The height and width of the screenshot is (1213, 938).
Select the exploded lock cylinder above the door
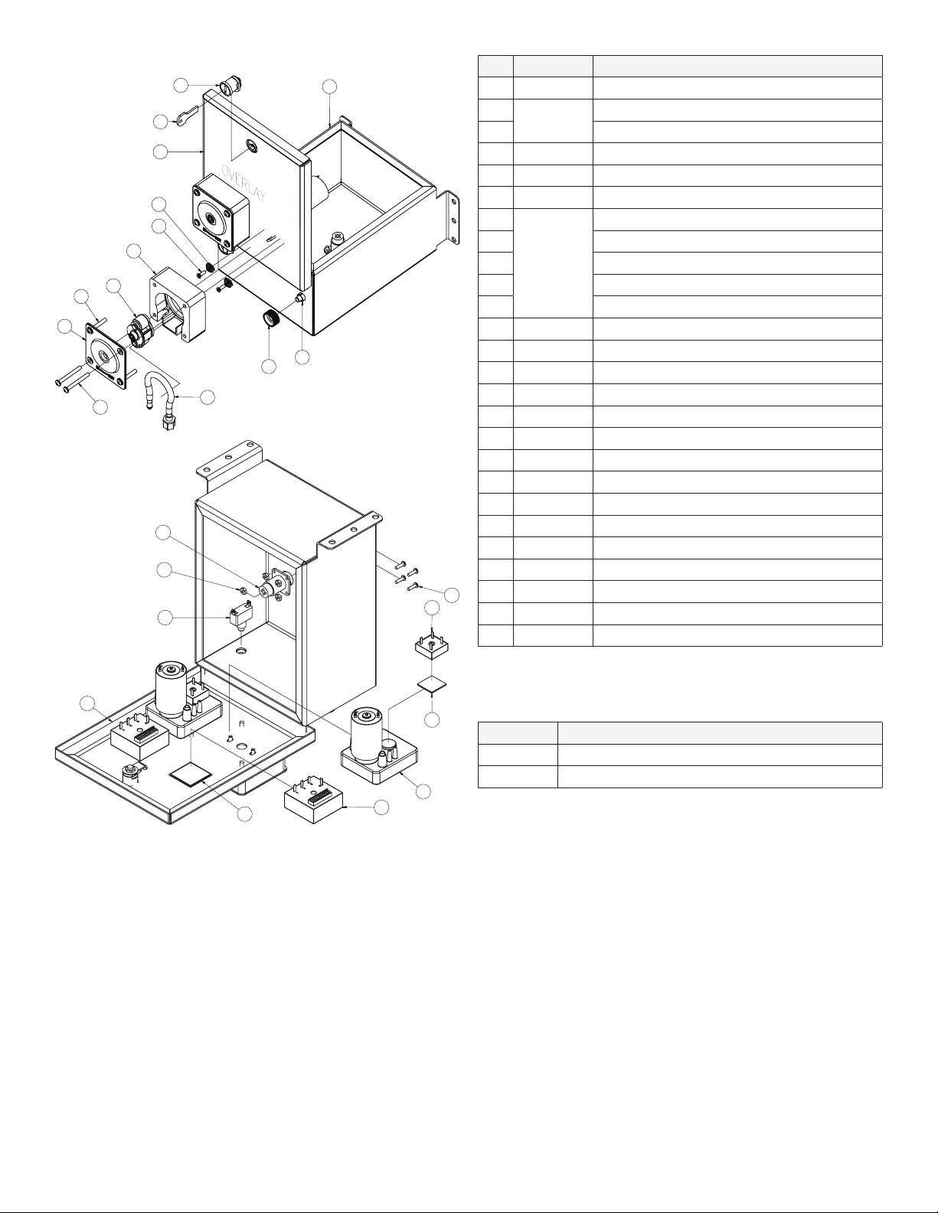[x=229, y=88]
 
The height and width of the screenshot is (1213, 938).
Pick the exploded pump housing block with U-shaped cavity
[x=178, y=305]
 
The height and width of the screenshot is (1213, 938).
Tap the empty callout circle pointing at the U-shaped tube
[x=208, y=397]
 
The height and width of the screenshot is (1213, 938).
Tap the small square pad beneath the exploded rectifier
[x=432, y=684]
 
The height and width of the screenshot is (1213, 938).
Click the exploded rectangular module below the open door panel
[x=315, y=801]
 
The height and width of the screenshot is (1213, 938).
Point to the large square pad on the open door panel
[x=191, y=774]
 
